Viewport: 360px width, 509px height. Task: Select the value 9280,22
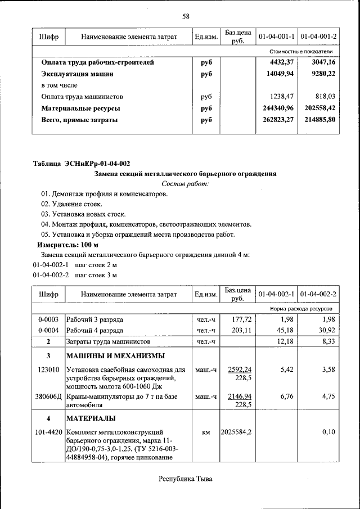[322, 74]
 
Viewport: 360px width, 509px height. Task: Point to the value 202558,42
[318, 108]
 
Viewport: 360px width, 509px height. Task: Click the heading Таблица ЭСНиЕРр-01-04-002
[82, 164]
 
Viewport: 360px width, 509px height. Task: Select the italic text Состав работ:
[186, 184]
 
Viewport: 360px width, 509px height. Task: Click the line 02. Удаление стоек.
[71, 204]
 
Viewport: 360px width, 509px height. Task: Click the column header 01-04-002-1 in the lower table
[277, 294]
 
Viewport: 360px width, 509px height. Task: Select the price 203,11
[242, 330]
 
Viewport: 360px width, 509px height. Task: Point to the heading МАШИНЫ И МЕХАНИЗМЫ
[116, 356]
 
